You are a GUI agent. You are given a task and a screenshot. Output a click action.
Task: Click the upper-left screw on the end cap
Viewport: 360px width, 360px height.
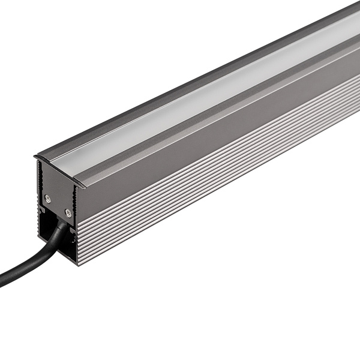click(48, 198)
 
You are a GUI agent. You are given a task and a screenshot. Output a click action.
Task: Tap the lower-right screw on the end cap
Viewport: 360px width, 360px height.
click(68, 212)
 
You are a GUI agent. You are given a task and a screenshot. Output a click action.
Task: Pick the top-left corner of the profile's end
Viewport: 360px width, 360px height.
click(35, 158)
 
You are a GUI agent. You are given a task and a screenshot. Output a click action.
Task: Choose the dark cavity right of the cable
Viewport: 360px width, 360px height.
click(71, 237)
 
